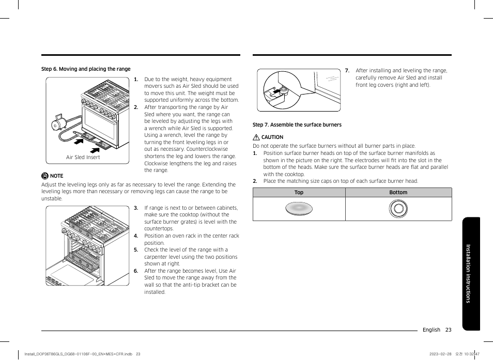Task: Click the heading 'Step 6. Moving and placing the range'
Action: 86,69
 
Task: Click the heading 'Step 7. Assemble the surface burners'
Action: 297,124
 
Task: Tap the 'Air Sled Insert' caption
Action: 83,157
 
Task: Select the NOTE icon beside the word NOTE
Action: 45,176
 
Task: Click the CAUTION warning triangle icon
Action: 256,137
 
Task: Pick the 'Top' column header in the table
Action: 299,193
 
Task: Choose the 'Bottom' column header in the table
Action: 398,193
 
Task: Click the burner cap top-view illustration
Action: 299,209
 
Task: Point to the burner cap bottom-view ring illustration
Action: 398,209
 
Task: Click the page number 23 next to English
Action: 448,330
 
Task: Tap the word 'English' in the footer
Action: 431,330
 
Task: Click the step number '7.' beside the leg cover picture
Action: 347,71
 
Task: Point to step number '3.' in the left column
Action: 136,208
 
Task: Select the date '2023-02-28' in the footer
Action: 440,354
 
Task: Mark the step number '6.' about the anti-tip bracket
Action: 136,271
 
